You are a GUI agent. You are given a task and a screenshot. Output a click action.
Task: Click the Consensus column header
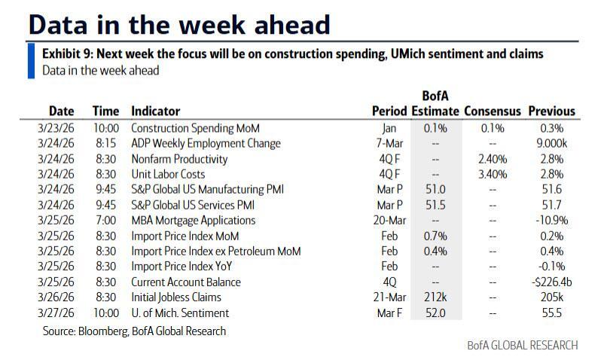(x=492, y=111)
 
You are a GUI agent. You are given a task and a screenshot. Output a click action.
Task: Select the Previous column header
(x=551, y=111)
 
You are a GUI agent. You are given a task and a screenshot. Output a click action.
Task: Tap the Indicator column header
(x=155, y=111)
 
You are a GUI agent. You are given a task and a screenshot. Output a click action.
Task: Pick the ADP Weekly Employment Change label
(x=206, y=143)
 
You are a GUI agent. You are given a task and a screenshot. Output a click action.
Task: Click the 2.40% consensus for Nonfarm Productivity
(x=493, y=159)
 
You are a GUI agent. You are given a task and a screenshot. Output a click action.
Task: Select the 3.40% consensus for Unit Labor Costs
(x=493, y=174)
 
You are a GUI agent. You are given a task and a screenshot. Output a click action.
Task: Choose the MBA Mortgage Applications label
(x=194, y=221)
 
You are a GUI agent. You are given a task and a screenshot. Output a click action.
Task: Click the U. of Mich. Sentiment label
(x=180, y=313)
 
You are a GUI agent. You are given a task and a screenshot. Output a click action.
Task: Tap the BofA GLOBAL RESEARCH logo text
(x=522, y=345)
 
